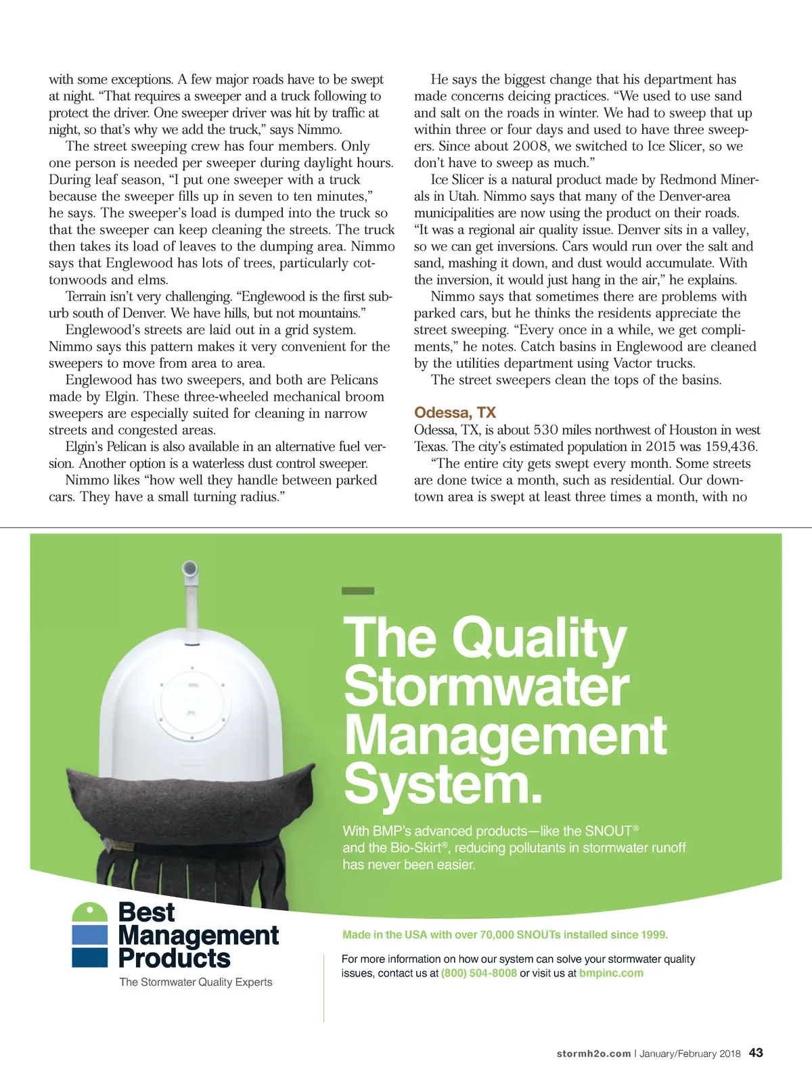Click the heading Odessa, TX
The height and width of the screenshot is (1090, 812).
pos(455,412)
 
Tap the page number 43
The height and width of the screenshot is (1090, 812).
pos(756,1053)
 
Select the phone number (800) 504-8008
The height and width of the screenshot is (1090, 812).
pos(478,973)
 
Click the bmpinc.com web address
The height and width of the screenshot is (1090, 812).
pos(611,973)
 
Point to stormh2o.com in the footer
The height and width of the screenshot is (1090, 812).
pos(593,1053)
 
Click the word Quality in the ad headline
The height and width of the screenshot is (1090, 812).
pos(539,638)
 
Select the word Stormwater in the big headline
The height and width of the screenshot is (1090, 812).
pos(487,687)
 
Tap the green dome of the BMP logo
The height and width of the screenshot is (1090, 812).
pos(90,911)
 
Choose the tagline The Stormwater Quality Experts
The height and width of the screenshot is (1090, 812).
pos(196,982)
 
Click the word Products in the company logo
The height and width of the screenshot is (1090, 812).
pos(174,958)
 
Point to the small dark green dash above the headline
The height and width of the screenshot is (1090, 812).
pos(358,591)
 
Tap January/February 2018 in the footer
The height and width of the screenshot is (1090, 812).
pos(690,1053)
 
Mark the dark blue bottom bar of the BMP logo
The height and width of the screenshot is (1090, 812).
pos(90,957)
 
